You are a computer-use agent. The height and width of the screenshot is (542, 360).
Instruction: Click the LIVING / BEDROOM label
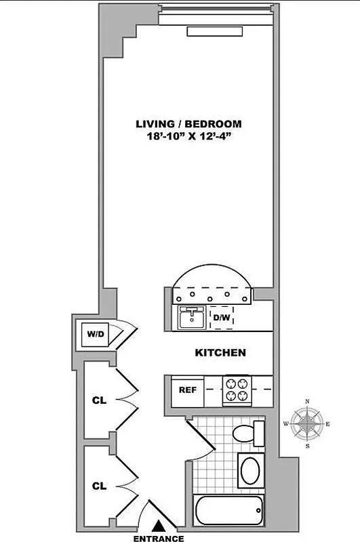tap(188, 124)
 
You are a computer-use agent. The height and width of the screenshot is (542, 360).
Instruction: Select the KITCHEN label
tap(220, 353)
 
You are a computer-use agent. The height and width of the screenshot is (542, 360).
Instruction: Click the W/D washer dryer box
tap(94, 334)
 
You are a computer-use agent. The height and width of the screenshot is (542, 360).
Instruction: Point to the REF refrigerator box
tap(187, 391)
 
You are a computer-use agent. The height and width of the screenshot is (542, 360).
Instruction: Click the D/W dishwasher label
tap(221, 317)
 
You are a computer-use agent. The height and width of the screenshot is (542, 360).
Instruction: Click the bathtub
tap(228, 509)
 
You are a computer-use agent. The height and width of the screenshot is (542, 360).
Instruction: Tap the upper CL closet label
tap(99, 400)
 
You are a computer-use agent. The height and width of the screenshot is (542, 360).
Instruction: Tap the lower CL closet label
tap(99, 485)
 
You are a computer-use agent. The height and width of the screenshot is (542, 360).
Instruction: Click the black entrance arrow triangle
tap(159, 524)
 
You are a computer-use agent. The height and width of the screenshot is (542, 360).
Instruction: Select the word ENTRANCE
tap(159, 538)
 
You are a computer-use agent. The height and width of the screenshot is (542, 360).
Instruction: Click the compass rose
tap(308, 425)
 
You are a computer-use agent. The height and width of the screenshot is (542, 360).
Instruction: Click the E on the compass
tap(329, 425)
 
